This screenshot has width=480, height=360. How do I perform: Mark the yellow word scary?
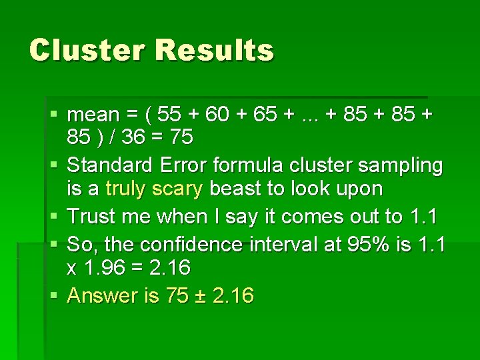pyautogui.click(x=177, y=189)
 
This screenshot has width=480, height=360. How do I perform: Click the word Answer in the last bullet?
pyautogui.click(x=106, y=295)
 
